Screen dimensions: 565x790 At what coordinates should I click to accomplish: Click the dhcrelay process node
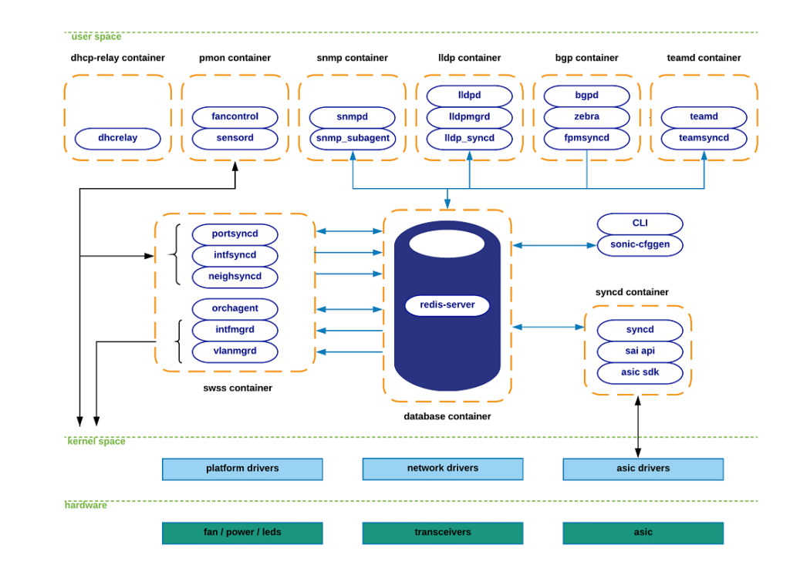click(x=117, y=139)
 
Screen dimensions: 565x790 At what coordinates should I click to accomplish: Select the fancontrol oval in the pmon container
click(x=235, y=117)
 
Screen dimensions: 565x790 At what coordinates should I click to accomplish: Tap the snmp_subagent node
click(x=352, y=139)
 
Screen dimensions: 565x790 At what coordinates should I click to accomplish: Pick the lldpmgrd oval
click(x=469, y=117)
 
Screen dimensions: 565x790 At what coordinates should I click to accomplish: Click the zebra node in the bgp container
click(x=586, y=117)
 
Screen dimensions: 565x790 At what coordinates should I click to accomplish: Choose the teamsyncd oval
click(x=704, y=139)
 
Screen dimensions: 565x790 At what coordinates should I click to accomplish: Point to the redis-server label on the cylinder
click(x=447, y=305)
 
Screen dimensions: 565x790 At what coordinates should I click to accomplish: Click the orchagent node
click(x=235, y=309)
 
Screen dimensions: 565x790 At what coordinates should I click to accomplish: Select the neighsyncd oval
click(x=235, y=277)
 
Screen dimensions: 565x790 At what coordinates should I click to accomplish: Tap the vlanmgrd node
click(x=235, y=351)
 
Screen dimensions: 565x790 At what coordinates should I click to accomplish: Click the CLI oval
click(x=640, y=224)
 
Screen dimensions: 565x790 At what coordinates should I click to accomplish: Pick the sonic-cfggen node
click(x=640, y=245)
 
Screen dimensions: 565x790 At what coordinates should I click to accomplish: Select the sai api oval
click(x=640, y=351)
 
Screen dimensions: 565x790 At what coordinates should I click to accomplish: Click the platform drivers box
click(x=242, y=469)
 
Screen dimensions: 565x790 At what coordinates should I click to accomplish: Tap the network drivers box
click(x=442, y=469)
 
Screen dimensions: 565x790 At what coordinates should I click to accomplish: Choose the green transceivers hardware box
click(x=442, y=533)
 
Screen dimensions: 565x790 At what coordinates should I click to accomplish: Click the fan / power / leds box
click(x=242, y=533)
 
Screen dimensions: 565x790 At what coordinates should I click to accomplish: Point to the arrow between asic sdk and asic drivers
click(x=638, y=428)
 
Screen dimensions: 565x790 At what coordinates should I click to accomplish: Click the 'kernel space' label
click(x=96, y=442)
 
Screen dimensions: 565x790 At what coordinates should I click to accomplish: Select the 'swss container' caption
click(x=238, y=388)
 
